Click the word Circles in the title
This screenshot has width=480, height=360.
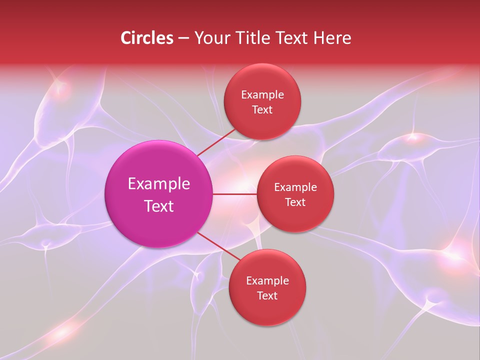147,38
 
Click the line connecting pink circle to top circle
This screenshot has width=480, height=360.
216,142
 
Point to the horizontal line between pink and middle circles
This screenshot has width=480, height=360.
235,194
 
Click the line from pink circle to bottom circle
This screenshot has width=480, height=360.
216,245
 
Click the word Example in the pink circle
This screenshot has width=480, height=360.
159,184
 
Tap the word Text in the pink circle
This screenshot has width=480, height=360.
159,206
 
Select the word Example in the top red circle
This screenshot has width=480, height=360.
262,95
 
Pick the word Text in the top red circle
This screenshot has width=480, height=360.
262,109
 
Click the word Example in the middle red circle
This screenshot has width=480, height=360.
295,187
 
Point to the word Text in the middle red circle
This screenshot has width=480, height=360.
295,202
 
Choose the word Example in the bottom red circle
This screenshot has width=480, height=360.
267,281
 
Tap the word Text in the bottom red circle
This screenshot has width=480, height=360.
267,295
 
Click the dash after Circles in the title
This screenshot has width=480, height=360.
183,38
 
